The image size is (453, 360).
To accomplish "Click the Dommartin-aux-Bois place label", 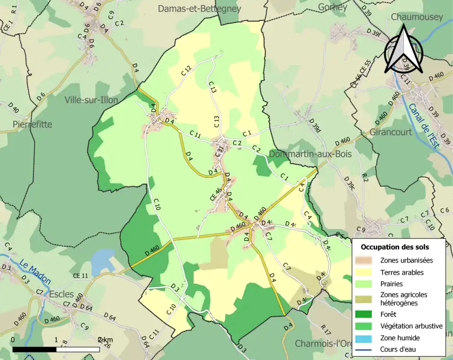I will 310,154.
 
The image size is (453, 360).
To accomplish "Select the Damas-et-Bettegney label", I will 199,8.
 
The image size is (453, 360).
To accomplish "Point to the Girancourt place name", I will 391,132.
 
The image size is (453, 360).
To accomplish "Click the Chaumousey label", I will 417,17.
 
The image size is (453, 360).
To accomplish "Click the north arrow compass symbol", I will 403,50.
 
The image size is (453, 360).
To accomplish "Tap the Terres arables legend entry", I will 402,272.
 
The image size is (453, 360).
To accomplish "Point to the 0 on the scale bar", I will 12,340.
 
